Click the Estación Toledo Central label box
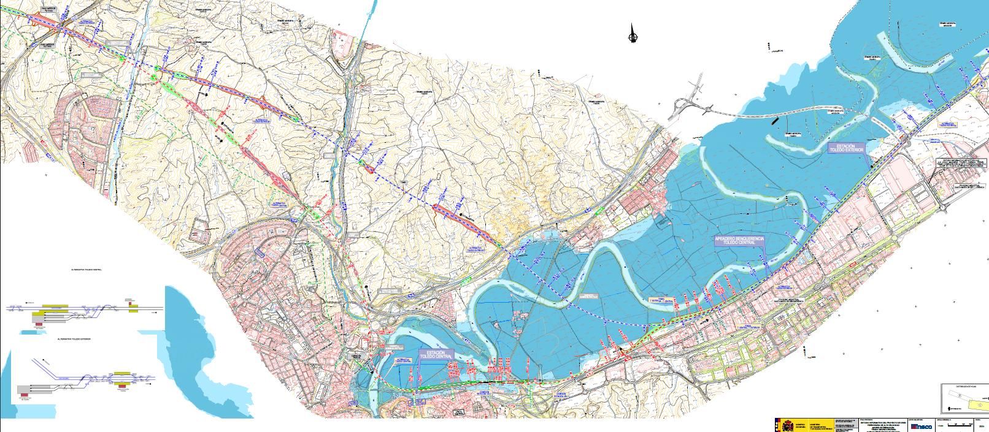point(436,355)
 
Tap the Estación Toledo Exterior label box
point(846,148)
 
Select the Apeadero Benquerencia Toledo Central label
point(739,240)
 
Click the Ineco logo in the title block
point(922,426)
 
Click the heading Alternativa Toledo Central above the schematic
point(87,270)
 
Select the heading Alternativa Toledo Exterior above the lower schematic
point(73,338)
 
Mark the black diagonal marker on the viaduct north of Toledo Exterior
point(776,121)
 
